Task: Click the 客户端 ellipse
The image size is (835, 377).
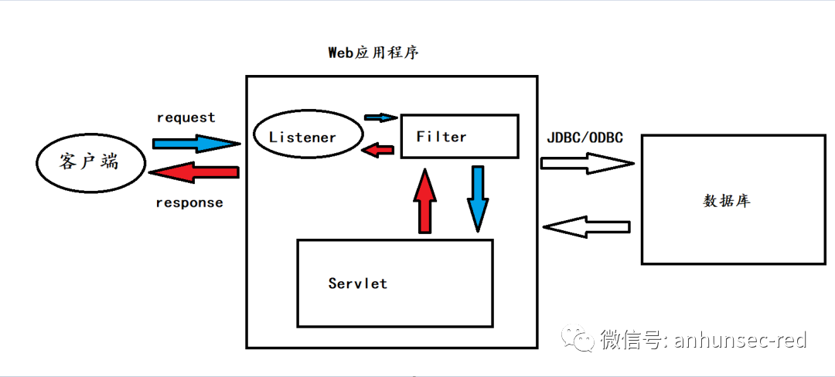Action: coord(90,162)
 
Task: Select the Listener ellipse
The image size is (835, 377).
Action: coord(308,137)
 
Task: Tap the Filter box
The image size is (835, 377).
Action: coord(459,137)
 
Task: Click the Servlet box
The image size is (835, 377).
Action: coord(395,283)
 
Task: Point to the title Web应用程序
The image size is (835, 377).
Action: coord(374,53)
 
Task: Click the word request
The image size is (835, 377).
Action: coord(186,117)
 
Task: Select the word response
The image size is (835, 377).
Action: coord(189,203)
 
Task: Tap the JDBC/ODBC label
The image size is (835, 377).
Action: coord(584,138)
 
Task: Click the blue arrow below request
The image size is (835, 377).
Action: coord(196,143)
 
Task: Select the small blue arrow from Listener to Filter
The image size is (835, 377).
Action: coord(380,117)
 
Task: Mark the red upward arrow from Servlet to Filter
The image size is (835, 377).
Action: coord(425,202)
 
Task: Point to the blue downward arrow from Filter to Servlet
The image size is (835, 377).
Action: coord(478,198)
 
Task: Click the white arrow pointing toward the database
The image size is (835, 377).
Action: coord(586,163)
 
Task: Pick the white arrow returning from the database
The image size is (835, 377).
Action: coord(586,227)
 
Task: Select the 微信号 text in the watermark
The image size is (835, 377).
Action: coord(630,339)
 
